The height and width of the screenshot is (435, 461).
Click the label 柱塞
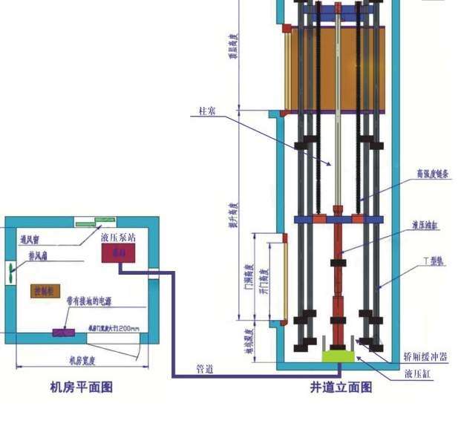click(x=208, y=111)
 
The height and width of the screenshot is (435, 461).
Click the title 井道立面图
click(x=341, y=387)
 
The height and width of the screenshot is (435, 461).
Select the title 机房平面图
click(x=82, y=387)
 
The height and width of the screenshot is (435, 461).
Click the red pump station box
click(x=118, y=253)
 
